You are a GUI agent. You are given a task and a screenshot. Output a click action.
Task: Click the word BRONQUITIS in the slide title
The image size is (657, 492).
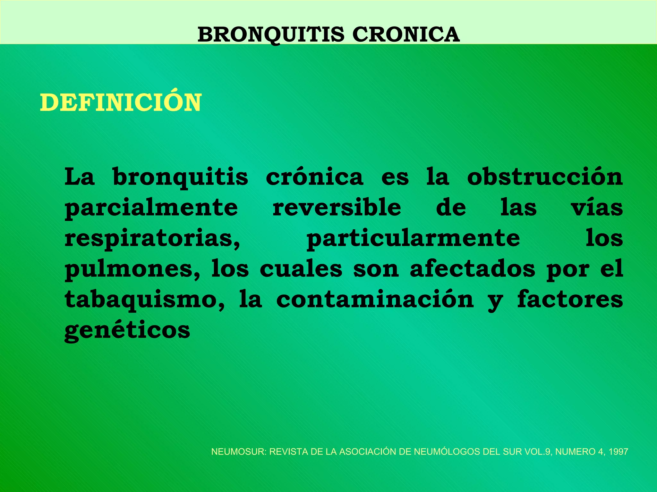coord(270,35)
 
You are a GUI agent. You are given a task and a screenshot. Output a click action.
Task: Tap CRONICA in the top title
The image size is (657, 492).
coord(406,35)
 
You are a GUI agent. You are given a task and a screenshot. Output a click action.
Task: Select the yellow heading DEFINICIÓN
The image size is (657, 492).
coord(121,103)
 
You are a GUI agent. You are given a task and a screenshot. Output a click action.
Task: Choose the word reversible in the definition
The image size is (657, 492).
coord(337,207)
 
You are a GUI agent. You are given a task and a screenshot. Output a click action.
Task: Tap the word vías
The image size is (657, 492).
coord(597,207)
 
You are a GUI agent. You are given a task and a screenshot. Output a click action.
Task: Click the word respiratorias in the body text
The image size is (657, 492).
coord(152,239)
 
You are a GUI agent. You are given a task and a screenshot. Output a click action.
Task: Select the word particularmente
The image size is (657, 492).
coord(413,239)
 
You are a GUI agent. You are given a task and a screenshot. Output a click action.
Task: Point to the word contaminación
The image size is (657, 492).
coord(375,299)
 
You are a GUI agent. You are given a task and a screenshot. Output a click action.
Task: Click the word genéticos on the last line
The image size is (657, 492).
coord(127,331)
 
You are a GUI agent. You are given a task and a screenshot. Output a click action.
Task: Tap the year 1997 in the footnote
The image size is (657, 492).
coord(618,452)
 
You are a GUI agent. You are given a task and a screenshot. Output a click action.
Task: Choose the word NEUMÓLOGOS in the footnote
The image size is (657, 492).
coord(447,452)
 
